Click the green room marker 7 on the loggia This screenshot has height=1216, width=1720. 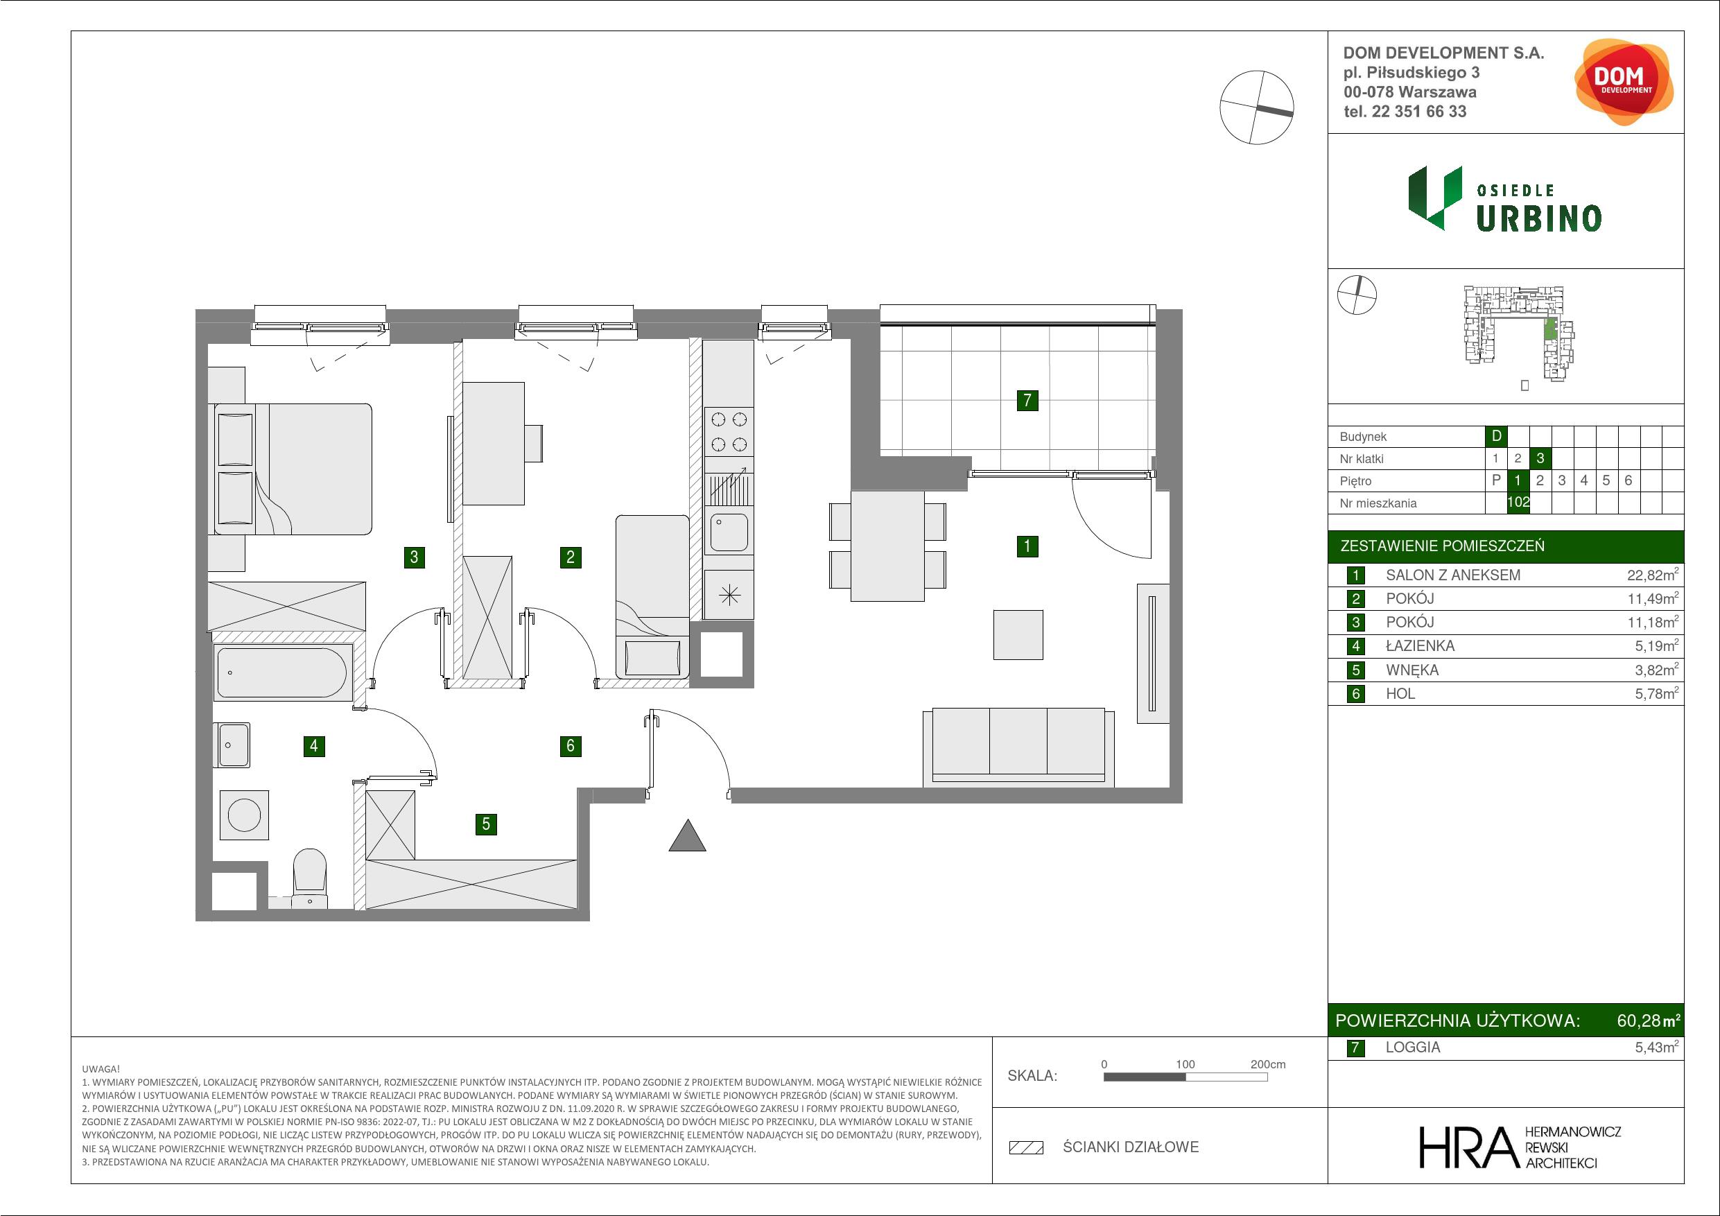pyautogui.click(x=1027, y=400)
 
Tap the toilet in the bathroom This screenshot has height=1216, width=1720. pyautogui.click(x=309, y=878)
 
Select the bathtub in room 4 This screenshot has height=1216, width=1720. pyautogui.click(x=282, y=672)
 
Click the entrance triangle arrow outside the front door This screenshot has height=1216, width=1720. pyautogui.click(x=687, y=835)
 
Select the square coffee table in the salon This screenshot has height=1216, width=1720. pyautogui.click(x=1018, y=634)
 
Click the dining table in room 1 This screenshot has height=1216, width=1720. pyautogui.click(x=887, y=546)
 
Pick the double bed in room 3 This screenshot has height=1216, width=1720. pyautogui.click(x=293, y=469)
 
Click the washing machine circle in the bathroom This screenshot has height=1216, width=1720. pyautogui.click(x=244, y=815)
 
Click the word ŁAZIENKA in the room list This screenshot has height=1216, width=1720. pyautogui.click(x=1421, y=646)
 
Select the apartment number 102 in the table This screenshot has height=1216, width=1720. pyautogui.click(x=1518, y=503)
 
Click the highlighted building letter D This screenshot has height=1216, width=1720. pyautogui.click(x=1496, y=436)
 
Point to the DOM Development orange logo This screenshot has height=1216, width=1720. pyautogui.click(x=1624, y=82)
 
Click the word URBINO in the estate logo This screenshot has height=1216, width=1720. pyautogui.click(x=1539, y=218)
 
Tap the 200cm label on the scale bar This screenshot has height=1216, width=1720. pyautogui.click(x=1267, y=1064)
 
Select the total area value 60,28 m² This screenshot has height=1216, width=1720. pyautogui.click(x=1648, y=1020)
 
